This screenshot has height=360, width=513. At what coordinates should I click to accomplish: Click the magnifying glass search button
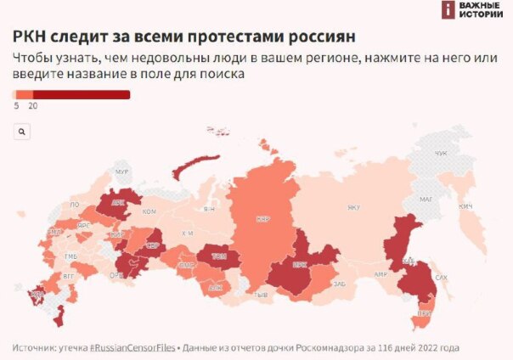(22, 132)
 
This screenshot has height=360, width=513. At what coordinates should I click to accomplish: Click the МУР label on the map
(121, 172)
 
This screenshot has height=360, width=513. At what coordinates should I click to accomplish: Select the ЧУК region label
(440, 153)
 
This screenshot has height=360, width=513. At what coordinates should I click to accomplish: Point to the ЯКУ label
(353, 207)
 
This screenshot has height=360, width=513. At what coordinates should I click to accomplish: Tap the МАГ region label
(426, 200)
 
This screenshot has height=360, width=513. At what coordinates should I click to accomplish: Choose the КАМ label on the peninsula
(465, 206)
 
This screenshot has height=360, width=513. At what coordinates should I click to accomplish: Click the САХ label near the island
(440, 277)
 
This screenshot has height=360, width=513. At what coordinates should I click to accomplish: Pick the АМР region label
(381, 274)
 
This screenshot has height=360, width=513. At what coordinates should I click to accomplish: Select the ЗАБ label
(340, 283)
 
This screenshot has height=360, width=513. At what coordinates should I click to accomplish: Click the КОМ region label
(149, 211)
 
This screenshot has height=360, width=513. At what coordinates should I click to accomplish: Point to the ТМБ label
(70, 256)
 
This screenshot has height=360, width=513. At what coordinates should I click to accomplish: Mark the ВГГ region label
(68, 276)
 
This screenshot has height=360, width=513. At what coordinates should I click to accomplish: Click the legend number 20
(33, 106)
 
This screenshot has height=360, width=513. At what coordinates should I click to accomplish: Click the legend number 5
(16, 106)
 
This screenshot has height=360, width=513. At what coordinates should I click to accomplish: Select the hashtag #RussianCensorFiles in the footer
(127, 348)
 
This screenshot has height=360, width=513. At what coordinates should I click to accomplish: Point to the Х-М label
(188, 233)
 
